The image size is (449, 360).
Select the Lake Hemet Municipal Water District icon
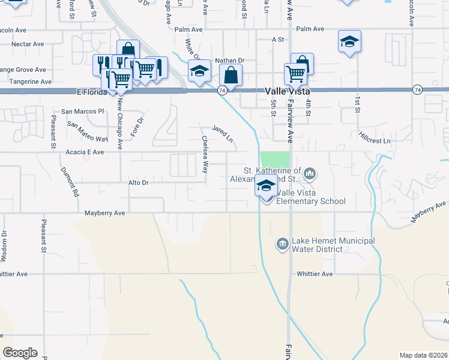(x=282, y=244)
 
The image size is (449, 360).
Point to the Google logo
(x=20, y=352)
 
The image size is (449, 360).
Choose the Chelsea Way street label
(x=205, y=155)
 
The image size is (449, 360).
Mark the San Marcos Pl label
(x=83, y=112)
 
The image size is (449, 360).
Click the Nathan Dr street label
(x=231, y=61)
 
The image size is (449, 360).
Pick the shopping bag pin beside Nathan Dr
(x=231, y=76)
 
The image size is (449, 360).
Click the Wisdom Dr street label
(x=4, y=246)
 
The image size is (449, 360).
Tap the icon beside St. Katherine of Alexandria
(x=310, y=174)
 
